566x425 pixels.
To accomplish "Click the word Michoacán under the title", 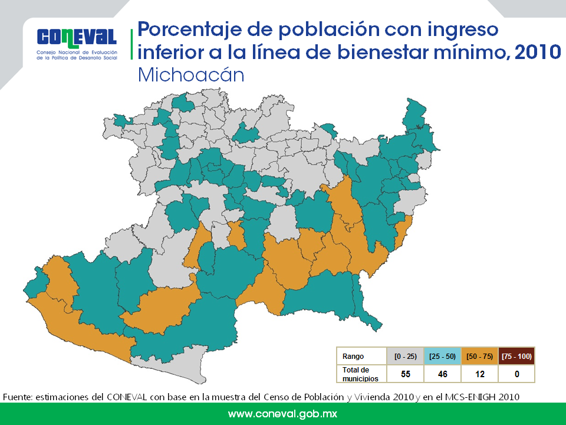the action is point(191,75).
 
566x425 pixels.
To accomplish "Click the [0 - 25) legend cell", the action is point(406,357).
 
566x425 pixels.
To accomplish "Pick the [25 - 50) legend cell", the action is point(442,357).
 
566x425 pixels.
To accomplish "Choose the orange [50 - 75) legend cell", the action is point(479,357).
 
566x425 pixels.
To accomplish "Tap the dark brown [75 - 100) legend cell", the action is point(516,357).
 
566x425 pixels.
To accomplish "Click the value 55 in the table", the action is point(406,374).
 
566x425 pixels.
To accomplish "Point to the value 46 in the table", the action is point(443,374).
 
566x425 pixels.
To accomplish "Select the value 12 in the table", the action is point(480,374).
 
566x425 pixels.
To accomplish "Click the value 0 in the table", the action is point(517,374).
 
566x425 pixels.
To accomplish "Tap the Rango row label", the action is point(353,357).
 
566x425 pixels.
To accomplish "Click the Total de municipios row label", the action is point(360,374).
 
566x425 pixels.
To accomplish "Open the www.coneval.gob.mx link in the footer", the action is point(282,414).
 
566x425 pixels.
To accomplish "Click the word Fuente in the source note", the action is point(17,397).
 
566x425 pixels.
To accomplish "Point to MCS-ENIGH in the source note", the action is point(470,397).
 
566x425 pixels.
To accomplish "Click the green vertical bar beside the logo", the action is point(131,44).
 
